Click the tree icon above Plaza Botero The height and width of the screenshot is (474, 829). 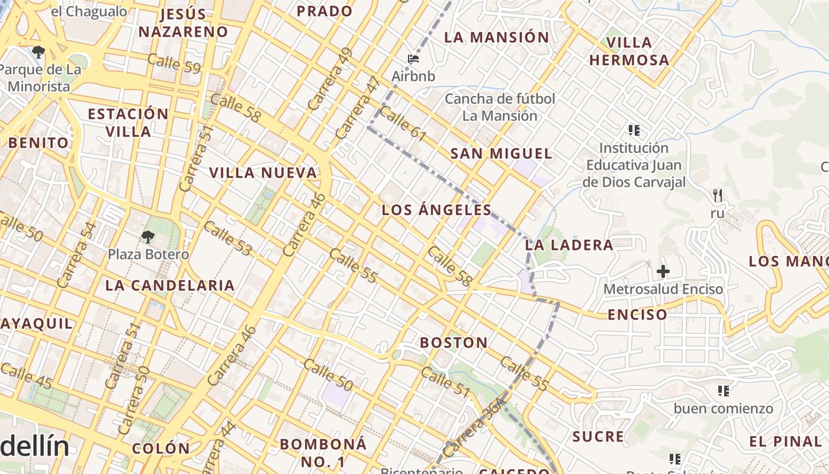(147, 237)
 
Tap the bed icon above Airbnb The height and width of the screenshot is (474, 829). (414, 58)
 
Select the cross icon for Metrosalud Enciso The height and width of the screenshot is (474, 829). (663, 271)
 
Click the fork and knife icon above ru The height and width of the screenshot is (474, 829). (718, 195)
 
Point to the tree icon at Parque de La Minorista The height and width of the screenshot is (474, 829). (38, 52)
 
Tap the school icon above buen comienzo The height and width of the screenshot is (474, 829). (723, 391)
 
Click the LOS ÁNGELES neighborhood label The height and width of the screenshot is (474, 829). (436, 210)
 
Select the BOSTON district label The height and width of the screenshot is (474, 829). (454, 342)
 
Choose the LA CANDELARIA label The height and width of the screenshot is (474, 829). (170, 286)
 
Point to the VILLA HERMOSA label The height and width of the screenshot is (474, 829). (629, 51)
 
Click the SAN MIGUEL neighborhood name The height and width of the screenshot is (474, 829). (501, 154)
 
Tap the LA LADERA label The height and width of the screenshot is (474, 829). (569, 245)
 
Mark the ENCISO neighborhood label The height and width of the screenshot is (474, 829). (637, 315)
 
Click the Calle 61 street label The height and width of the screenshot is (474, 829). (403, 124)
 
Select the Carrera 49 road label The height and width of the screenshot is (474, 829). (330, 79)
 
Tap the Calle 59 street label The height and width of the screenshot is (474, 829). (173, 63)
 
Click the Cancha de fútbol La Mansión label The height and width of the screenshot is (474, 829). (500, 107)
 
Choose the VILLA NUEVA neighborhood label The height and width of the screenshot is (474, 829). (263, 173)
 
